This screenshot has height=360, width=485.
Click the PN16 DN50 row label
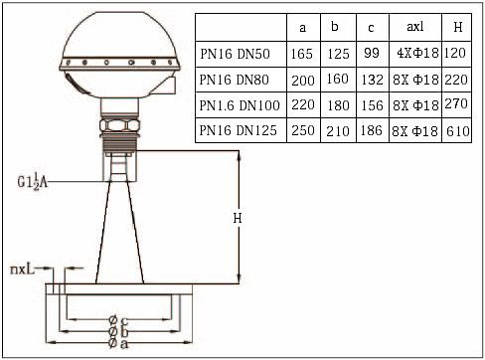pyautogui.click(x=235, y=54)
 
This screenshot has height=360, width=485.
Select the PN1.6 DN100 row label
pyautogui.click(x=240, y=105)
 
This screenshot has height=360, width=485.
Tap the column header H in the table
pyautogui.click(x=457, y=27)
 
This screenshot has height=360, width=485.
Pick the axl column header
pyautogui.click(x=415, y=27)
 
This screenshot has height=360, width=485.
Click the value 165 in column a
pyautogui.click(x=302, y=54)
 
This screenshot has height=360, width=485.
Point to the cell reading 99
pyautogui.click(x=372, y=53)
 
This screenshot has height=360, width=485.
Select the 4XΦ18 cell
pyautogui.click(x=417, y=53)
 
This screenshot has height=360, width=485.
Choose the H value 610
pyautogui.click(x=458, y=131)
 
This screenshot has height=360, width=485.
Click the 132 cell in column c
pyautogui.click(x=373, y=80)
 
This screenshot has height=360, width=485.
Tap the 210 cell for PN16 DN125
pyautogui.click(x=338, y=131)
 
